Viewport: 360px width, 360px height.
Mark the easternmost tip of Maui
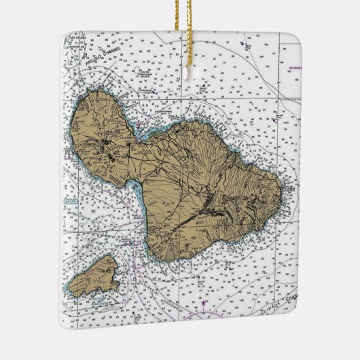click(x=281, y=197)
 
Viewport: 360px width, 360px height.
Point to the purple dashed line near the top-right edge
click(x=285, y=99)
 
